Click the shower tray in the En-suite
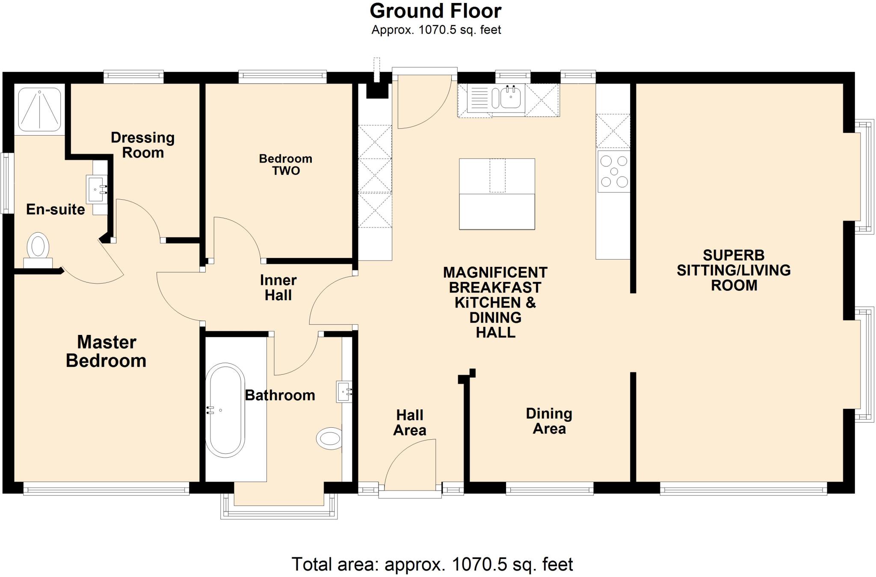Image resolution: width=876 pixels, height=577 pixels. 39,109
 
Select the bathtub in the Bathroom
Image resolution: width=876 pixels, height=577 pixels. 225,410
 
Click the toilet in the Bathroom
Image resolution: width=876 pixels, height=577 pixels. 329,438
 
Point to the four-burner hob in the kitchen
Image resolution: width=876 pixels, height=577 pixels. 613,172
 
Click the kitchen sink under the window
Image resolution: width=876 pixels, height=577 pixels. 510,99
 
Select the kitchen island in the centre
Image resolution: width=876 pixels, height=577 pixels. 497,194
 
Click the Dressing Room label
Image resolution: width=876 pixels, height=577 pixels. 142,145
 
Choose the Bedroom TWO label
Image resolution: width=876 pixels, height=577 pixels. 286,165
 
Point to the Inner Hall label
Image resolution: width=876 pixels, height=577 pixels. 278,288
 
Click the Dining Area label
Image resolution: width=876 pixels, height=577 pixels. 549,421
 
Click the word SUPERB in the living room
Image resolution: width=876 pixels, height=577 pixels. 733,255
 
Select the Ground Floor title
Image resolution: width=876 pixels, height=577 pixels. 435,12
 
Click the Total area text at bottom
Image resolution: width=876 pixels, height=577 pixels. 432,565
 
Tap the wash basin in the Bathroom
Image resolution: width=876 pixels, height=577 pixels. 344,391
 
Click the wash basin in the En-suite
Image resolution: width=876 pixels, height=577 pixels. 97,189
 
